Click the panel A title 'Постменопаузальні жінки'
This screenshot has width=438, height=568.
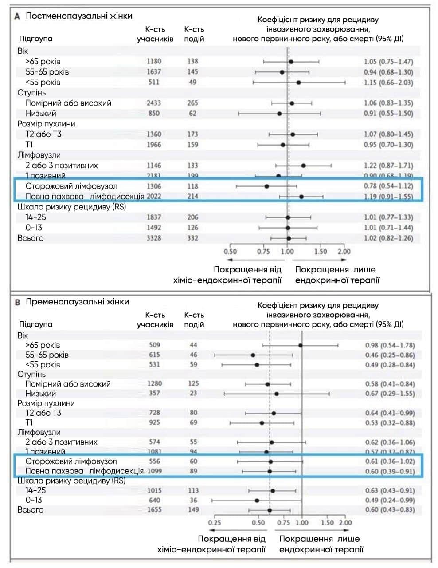click(79, 16)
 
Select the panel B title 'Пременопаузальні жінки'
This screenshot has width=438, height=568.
click(77, 302)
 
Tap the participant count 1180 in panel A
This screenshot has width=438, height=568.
click(154, 61)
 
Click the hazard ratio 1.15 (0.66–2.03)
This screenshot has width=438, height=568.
click(388, 83)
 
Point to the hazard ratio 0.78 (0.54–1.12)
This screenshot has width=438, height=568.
click(388, 186)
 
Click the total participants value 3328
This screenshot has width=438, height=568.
click(154, 238)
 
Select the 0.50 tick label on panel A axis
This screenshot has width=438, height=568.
click(230, 252)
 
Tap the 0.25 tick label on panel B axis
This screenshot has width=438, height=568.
click(215, 523)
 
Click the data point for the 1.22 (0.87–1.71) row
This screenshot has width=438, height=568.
click(304, 166)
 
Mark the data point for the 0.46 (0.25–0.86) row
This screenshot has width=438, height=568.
click(253, 355)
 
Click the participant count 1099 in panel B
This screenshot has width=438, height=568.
click(154, 471)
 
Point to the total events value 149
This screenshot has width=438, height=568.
click(193, 510)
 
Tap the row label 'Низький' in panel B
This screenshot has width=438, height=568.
click(41, 394)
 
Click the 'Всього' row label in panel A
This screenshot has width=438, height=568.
click(31, 238)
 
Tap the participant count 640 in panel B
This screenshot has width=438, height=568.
click(154, 500)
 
